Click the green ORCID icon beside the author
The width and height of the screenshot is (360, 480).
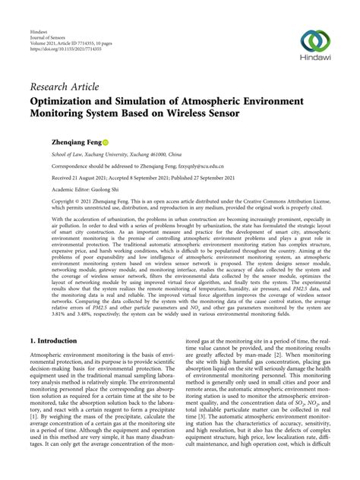pos(106,142)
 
